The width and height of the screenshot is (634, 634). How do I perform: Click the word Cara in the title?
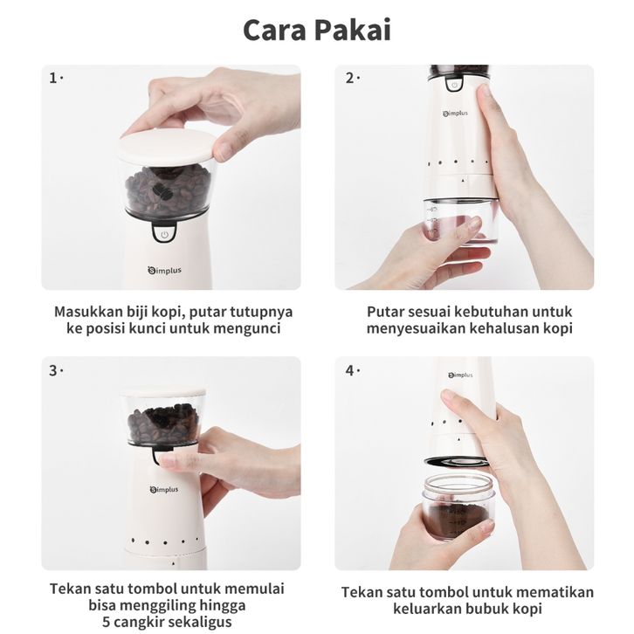click(274, 30)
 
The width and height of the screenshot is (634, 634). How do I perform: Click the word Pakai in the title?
click(353, 30)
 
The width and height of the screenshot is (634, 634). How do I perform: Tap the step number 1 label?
click(53, 77)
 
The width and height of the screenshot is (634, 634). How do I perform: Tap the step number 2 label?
click(350, 77)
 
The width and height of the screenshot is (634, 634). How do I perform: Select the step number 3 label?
click(53, 370)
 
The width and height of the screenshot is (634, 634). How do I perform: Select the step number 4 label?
click(350, 370)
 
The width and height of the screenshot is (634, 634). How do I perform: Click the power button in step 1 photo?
click(164, 234)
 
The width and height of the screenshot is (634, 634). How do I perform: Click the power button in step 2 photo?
click(454, 85)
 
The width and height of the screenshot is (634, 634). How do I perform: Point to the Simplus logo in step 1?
click(164, 270)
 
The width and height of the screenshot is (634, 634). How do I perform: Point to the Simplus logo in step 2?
click(455, 114)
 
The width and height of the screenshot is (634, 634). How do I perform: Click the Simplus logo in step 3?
click(164, 490)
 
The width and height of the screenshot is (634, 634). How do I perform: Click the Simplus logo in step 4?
click(460, 375)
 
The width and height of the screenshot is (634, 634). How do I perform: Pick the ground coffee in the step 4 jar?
click(458, 516)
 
